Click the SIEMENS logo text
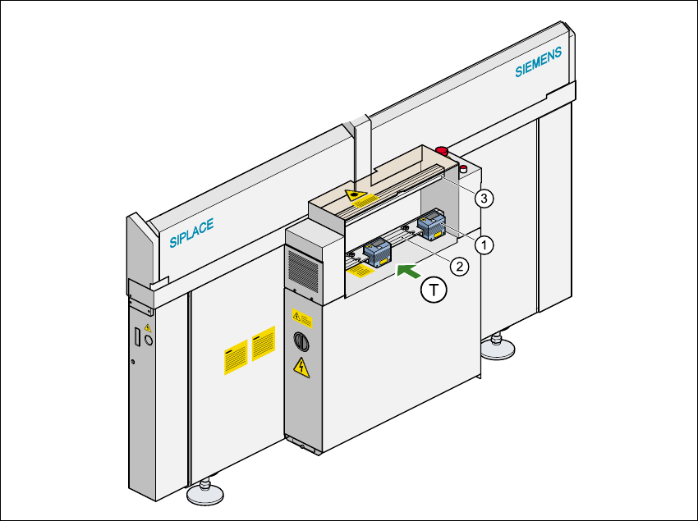[539, 62]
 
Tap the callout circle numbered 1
[485, 244]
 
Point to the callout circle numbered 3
[485, 198]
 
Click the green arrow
[408, 271]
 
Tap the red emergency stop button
[442, 151]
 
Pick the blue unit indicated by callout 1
[432, 224]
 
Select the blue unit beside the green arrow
[379, 251]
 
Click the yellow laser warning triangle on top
[356, 195]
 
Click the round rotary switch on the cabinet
[299, 340]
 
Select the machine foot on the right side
[498, 348]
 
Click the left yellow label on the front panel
[236, 359]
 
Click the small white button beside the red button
[462, 169]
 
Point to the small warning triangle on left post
[148, 327]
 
